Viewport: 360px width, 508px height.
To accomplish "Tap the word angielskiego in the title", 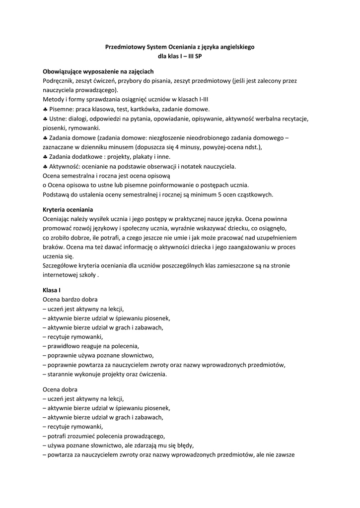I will [235, 47].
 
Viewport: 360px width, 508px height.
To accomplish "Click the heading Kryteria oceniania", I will [68, 209].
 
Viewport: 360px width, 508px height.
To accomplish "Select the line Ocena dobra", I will [60, 389].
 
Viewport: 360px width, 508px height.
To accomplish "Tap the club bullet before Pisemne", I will [45, 109].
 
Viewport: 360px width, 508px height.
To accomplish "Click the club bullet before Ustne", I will [45, 119].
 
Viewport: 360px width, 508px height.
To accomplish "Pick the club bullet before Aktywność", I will [45, 166].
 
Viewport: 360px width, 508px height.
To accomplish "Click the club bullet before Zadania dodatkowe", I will [45, 157].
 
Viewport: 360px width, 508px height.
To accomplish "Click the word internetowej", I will [63, 275].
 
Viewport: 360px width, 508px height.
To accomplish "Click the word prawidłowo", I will [65, 346].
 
